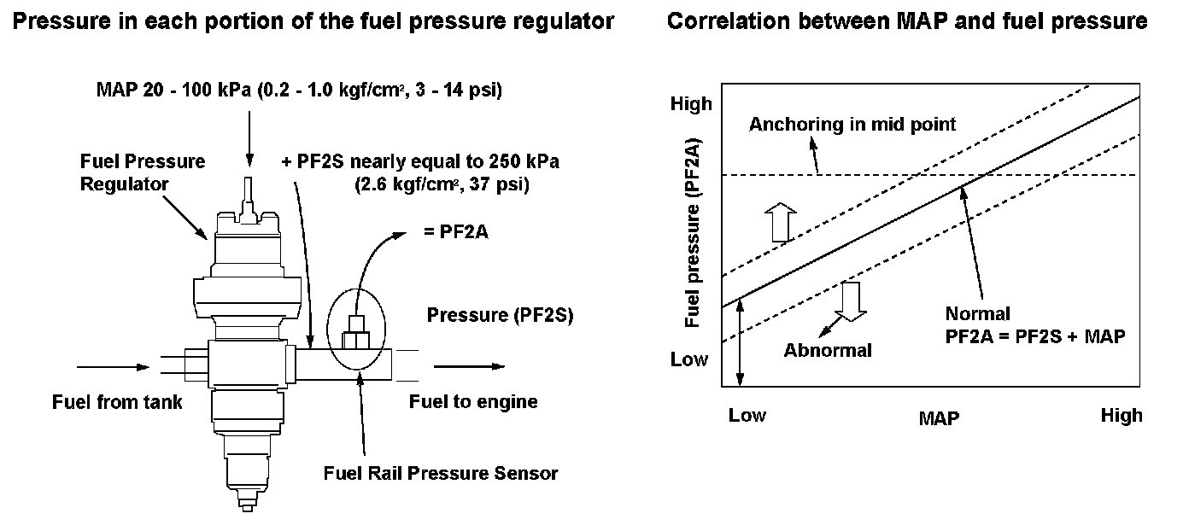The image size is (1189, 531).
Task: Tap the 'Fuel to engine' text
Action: click(x=473, y=401)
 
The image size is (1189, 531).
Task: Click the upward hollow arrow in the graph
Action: click(x=778, y=223)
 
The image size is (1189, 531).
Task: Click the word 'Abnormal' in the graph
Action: click(x=828, y=350)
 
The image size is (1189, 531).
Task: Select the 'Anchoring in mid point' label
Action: click(x=852, y=125)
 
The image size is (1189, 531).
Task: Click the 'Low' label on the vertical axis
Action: click(x=689, y=359)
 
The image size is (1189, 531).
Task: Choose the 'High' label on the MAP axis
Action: click(x=1121, y=416)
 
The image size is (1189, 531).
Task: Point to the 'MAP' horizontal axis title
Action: click(x=939, y=418)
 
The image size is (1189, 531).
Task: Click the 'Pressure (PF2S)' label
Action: click(x=500, y=315)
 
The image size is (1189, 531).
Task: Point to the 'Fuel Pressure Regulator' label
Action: click(x=143, y=172)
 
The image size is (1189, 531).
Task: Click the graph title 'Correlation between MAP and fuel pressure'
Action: click(x=906, y=22)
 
